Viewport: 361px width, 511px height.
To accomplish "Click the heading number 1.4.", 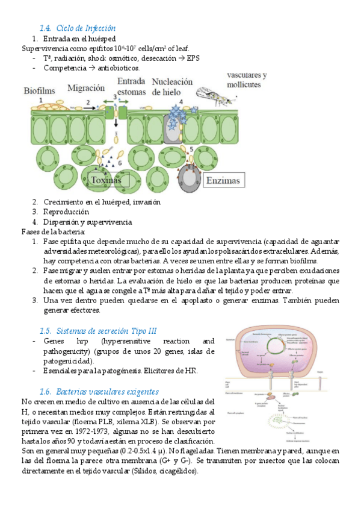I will (45, 28).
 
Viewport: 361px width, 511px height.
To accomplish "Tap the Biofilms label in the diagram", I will (39, 91).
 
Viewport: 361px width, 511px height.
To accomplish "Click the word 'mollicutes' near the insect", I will (244, 85).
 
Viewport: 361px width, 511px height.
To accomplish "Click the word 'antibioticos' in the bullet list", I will (117, 68).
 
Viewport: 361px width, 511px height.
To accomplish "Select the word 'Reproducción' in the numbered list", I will (66, 212).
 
